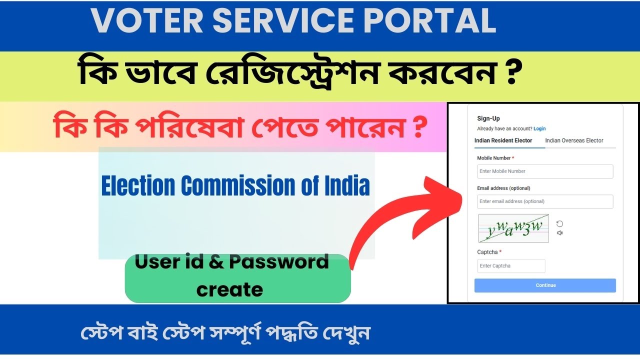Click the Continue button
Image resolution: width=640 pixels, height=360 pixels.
tap(545, 285)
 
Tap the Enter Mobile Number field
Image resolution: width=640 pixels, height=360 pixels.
tap(545, 171)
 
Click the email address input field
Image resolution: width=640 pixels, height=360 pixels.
tap(545, 201)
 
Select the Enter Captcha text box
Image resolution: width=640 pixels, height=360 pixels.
tap(511, 266)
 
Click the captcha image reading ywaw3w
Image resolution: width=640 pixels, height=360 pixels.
tap(513, 228)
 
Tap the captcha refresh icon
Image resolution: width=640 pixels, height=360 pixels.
tap(560, 224)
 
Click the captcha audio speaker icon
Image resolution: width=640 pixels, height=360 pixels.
tap(560, 232)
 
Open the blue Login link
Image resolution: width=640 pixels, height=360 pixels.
tap(539, 129)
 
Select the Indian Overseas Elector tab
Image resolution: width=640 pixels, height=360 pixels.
tap(574, 141)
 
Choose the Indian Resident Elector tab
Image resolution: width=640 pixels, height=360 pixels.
tap(503, 141)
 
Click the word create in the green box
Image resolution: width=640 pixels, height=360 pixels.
tap(229, 289)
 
